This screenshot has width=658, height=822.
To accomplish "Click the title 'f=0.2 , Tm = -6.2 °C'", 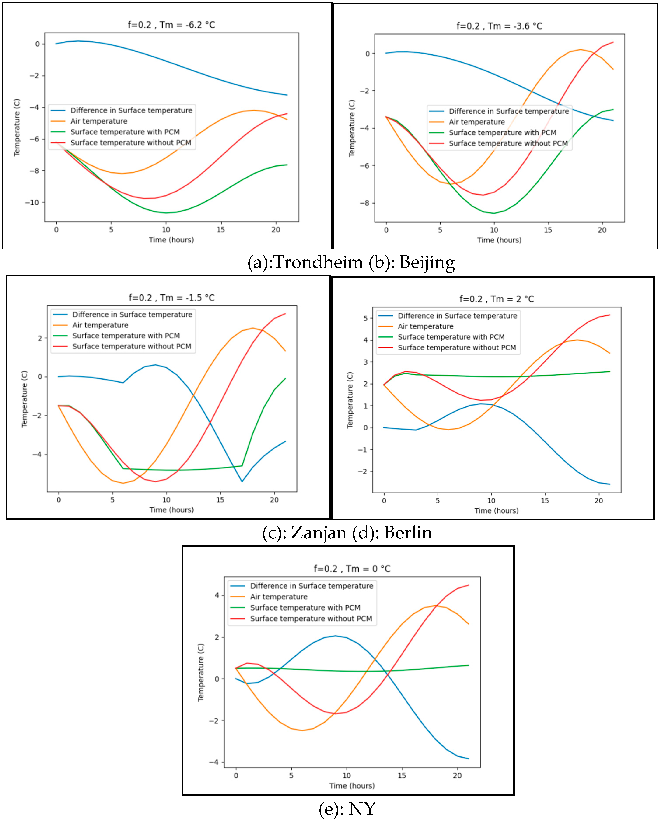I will (x=171, y=25).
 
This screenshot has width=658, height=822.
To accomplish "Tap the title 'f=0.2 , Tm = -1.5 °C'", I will (x=172, y=298).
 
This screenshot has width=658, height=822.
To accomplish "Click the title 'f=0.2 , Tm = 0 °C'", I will (x=352, y=569).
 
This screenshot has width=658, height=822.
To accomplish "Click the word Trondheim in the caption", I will (x=318, y=263).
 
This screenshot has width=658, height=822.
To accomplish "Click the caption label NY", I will (x=362, y=809).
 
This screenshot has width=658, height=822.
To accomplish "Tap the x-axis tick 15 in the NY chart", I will (x=402, y=775).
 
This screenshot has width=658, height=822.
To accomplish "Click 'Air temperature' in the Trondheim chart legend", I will (x=99, y=121).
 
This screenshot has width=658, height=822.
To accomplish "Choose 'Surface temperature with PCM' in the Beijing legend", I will (x=502, y=133).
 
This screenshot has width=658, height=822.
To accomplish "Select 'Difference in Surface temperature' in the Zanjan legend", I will (x=132, y=315).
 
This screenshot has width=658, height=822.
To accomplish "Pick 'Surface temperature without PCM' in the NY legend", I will (x=311, y=619).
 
